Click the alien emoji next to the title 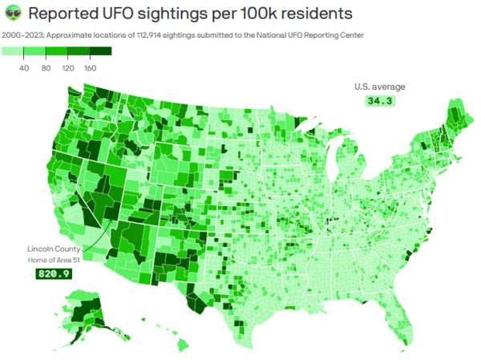coord(13,14)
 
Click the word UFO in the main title coord(112,14)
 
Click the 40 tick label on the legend coord(24,68)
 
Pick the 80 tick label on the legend coord(46,68)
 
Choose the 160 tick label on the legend coord(90,68)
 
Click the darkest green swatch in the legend coord(100,51)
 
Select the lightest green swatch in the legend coord(13,51)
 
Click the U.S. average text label coord(380,87)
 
